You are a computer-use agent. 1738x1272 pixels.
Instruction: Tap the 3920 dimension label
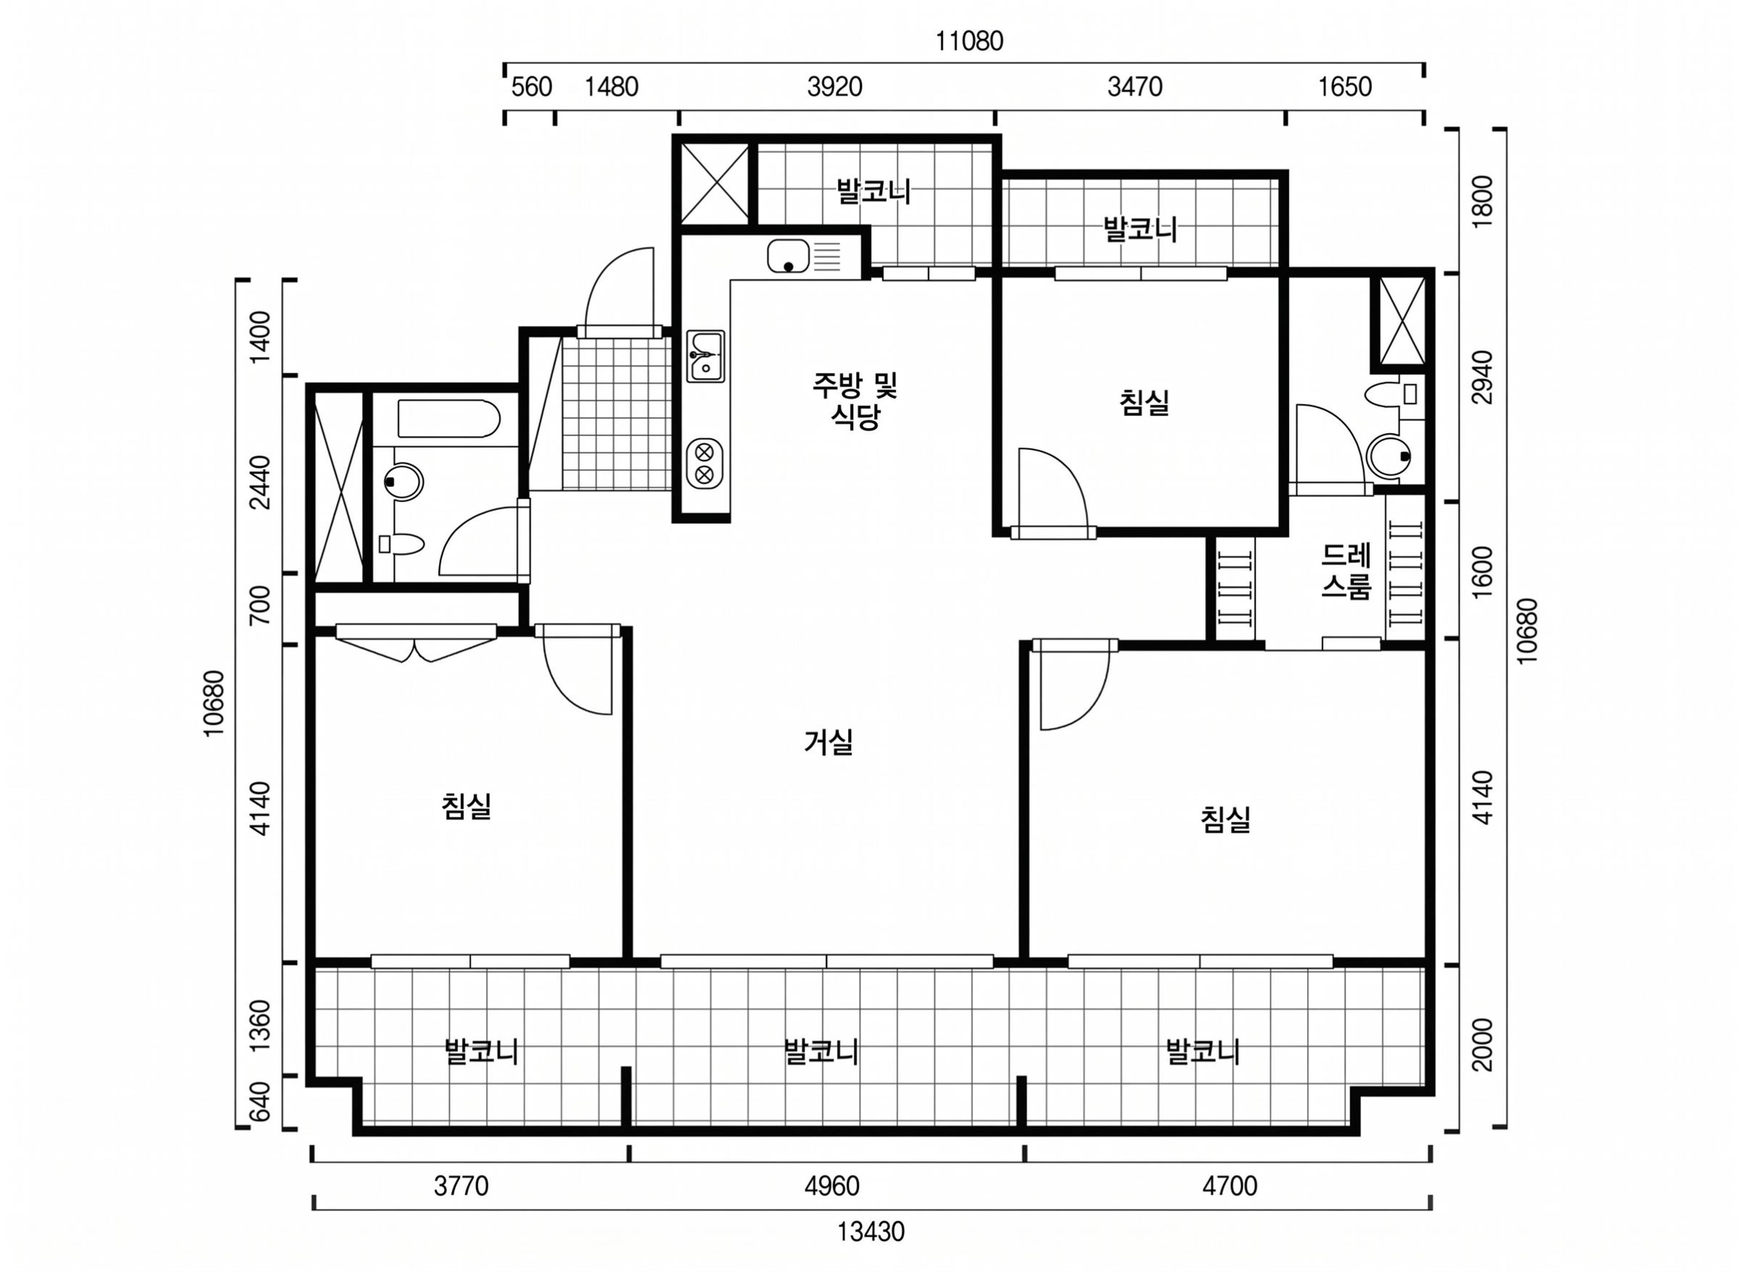834,87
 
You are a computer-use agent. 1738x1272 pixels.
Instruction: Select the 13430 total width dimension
871,1232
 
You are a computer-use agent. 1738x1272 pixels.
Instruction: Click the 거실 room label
828,742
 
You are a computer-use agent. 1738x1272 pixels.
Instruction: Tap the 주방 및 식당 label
855,400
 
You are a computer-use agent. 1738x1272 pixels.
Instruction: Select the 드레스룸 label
1346,572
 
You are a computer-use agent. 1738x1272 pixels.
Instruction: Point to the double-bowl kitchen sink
705,357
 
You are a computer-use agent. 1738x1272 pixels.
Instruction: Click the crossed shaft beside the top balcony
715,184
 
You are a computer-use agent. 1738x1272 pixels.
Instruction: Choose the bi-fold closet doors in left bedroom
416,641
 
